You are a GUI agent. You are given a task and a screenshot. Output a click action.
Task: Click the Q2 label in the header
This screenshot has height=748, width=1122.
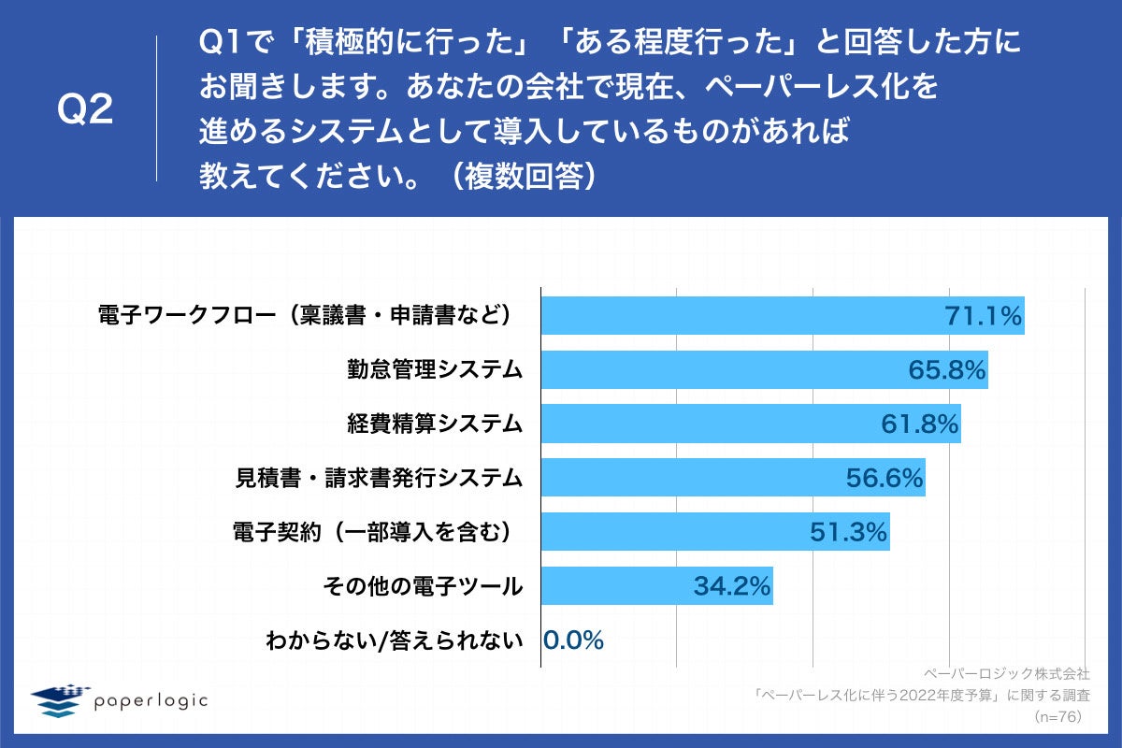click(85, 110)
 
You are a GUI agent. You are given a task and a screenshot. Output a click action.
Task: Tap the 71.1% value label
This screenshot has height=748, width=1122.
click(983, 316)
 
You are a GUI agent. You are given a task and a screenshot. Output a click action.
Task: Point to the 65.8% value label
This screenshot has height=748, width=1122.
click(947, 370)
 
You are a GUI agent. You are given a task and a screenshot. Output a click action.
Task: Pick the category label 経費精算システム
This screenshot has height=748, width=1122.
click(435, 424)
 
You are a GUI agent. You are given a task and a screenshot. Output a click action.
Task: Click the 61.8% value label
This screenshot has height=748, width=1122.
click(920, 424)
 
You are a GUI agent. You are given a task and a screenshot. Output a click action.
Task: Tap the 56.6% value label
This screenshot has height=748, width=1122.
click(885, 478)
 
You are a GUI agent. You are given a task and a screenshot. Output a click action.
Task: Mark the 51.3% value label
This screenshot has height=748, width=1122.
click(848, 532)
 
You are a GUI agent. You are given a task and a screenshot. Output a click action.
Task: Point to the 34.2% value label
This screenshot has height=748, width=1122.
click(732, 586)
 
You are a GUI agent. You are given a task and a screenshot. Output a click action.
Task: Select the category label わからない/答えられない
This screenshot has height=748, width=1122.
click(394, 640)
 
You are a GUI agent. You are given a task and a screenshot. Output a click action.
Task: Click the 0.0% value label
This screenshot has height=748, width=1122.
click(573, 640)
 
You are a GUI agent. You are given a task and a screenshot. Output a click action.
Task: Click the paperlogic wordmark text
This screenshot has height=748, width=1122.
click(151, 700)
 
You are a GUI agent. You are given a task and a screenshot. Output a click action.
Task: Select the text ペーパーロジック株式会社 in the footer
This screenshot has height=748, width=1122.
click(1006, 672)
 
